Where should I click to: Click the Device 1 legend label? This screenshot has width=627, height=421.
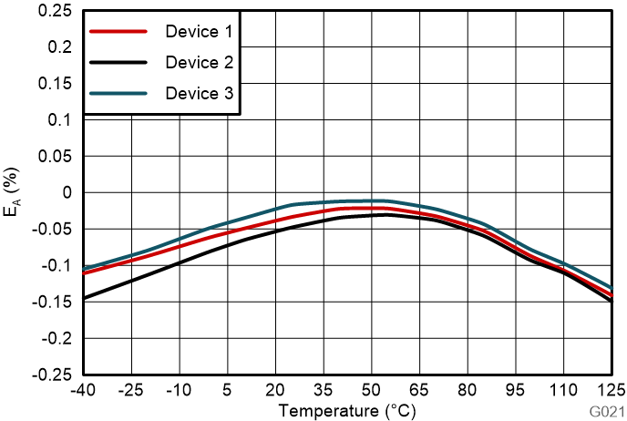(x=199, y=32)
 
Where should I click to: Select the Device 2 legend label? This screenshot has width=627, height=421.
(x=199, y=63)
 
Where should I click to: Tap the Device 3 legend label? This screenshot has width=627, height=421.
(x=199, y=94)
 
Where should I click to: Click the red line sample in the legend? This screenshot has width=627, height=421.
(x=118, y=32)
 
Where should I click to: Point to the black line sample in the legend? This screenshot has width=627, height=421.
(x=118, y=63)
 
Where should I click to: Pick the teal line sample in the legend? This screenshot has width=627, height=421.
(x=118, y=94)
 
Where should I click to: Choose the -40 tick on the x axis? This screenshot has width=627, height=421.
(x=83, y=390)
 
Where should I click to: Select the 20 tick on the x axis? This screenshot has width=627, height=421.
(x=274, y=390)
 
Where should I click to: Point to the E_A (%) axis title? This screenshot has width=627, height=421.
(x=13, y=194)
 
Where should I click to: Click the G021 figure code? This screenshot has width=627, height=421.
(x=606, y=413)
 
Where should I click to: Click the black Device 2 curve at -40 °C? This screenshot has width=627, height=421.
(x=85, y=297)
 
